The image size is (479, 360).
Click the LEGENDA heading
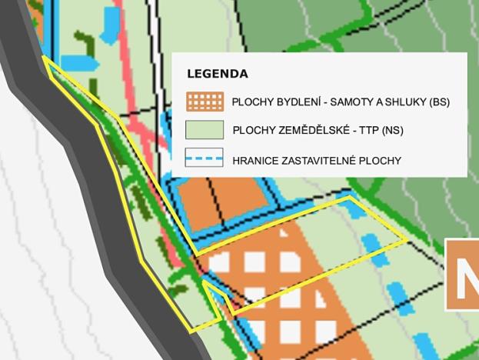[217, 75]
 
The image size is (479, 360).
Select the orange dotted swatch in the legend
[205, 102]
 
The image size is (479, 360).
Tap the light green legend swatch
[205, 130]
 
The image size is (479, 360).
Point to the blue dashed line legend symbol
[205, 160]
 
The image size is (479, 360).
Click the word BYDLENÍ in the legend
[294, 102]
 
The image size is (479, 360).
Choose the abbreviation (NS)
[391, 131]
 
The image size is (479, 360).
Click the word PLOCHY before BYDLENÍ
[251, 102]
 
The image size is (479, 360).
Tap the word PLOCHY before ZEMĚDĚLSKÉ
[251, 131]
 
